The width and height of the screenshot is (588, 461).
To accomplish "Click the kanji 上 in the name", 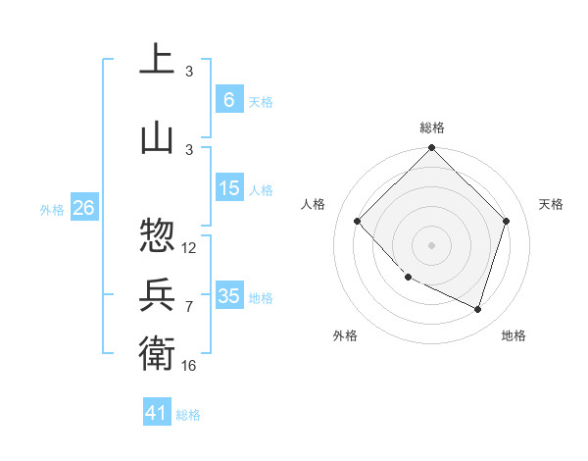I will pos(157,59).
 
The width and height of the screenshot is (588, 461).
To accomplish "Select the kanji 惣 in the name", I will pos(157,234).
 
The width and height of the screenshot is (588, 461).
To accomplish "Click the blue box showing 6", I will pos(228,100).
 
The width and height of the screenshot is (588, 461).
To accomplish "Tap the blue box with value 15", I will pos(228,188).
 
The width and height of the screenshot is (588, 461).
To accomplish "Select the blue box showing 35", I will pos(228,296).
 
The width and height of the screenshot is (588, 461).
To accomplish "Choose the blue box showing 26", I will pos(83,208).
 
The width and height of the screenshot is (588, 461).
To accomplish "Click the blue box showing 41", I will pos(156,413).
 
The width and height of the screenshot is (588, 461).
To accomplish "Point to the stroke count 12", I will pos(189,248).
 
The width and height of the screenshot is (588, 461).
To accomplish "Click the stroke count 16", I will pos(189,365).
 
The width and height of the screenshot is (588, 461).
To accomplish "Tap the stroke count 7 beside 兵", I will pos(189,307).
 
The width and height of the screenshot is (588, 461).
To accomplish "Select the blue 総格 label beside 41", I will pos(189,415).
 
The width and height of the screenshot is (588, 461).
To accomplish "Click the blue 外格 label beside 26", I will pos(52,209).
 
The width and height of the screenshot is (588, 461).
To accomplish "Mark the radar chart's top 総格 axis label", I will pos(431,128).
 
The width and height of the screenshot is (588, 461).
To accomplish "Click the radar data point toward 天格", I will pos(506,221).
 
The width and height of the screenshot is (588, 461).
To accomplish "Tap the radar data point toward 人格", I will pos(357,221).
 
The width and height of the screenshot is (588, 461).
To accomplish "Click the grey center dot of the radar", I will pos(431,244).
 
